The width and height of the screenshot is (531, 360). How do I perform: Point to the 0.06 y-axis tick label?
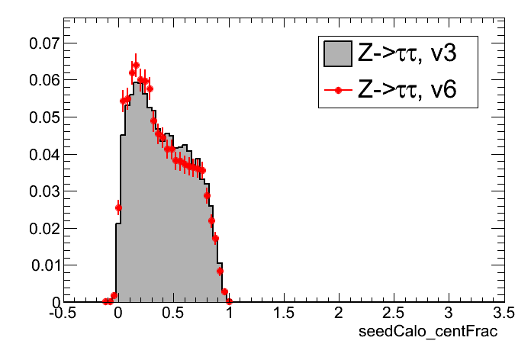[42, 80]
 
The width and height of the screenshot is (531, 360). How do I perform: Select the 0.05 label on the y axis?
[42, 117]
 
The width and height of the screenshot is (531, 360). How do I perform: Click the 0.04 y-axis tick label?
[42, 154]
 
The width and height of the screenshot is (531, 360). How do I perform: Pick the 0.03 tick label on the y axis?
[42, 191]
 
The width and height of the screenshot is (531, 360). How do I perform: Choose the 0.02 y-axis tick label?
[42, 228]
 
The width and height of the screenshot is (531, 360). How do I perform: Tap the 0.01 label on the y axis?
[42, 265]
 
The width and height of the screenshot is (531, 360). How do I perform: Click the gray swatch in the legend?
[336, 53]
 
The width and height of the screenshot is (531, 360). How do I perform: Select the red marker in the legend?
[336, 91]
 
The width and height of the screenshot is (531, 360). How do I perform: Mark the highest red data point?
[136, 66]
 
